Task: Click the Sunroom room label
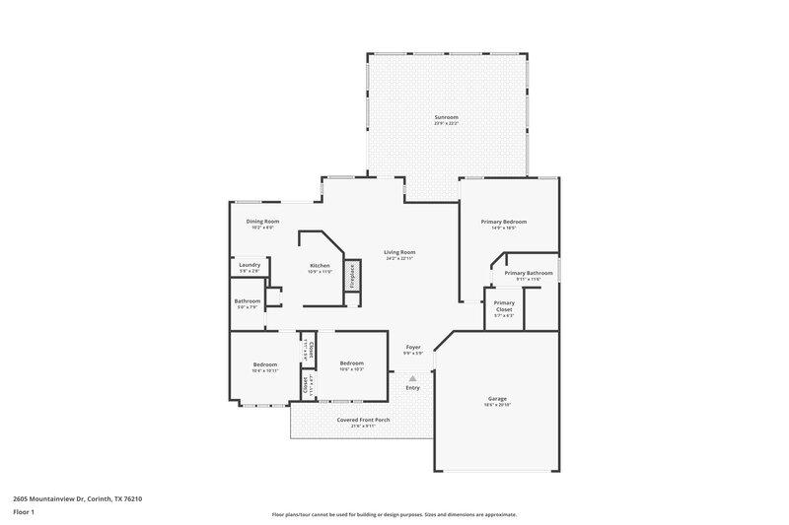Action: (447, 117)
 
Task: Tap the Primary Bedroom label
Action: (503, 222)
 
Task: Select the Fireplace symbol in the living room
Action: (350, 277)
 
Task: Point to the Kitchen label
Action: (319, 266)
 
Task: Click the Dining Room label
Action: (262, 222)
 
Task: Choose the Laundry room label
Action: (249, 264)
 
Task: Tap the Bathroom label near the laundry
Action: (247, 300)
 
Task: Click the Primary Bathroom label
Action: (522, 273)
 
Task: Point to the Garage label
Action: (496, 399)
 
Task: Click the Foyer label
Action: (413, 347)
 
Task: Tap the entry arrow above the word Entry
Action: (412, 377)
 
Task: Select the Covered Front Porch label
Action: (364, 420)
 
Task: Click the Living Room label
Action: (399, 252)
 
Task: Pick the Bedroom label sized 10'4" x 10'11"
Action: (264, 364)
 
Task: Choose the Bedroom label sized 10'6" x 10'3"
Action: (352, 363)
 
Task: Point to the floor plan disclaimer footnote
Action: (394, 514)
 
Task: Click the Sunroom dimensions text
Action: (447, 123)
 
